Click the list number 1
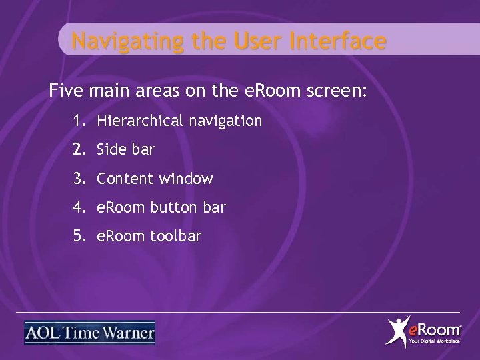click(x=79, y=121)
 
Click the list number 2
click(x=79, y=150)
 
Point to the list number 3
click(x=79, y=179)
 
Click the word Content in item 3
click(x=125, y=179)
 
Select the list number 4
click(x=79, y=207)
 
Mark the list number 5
click(x=79, y=236)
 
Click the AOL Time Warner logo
click(x=89, y=333)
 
